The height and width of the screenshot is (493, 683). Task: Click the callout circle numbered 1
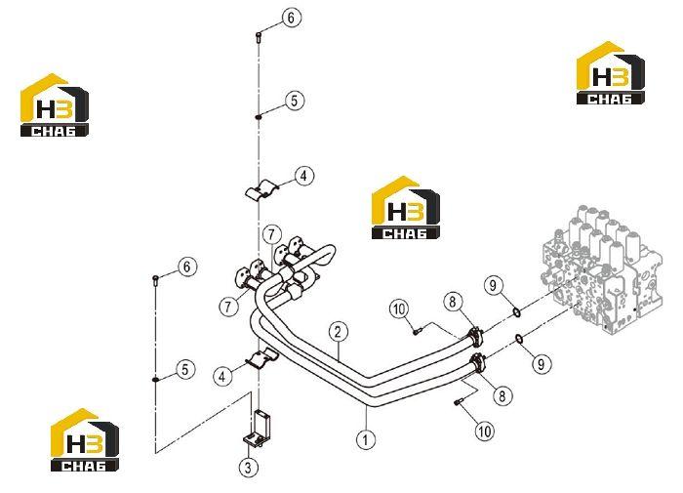pyautogui.click(x=366, y=439)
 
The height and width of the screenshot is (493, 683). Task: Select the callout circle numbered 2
pyautogui.click(x=338, y=332)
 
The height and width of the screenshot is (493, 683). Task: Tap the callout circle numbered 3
pyautogui.click(x=248, y=468)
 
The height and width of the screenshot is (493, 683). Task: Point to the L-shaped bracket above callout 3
pyautogui.click(x=257, y=429)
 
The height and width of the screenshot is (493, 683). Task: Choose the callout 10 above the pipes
pyautogui.click(x=399, y=309)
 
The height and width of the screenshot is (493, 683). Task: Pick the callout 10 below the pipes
pyautogui.click(x=484, y=431)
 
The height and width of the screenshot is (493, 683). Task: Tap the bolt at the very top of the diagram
pyautogui.click(x=259, y=38)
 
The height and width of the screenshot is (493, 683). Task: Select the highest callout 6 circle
pyautogui.click(x=291, y=18)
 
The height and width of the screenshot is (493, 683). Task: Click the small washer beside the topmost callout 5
pyautogui.click(x=259, y=117)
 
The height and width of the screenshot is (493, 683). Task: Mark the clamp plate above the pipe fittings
pyautogui.click(x=261, y=192)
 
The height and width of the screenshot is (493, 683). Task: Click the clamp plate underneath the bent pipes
pyautogui.click(x=262, y=357)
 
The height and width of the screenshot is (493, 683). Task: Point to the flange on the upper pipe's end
pyautogui.click(x=475, y=337)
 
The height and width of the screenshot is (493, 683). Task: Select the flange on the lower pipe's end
pyautogui.click(x=476, y=362)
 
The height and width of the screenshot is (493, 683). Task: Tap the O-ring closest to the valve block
pyautogui.click(x=516, y=312)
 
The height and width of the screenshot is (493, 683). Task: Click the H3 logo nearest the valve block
pyautogui.click(x=610, y=73)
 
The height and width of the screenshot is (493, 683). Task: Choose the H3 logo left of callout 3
pyautogui.click(x=85, y=440)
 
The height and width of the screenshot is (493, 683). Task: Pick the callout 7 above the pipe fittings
pyautogui.click(x=272, y=234)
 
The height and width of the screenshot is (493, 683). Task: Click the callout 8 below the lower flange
pyautogui.click(x=502, y=395)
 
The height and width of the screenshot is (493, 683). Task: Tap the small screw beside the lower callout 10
pyautogui.click(x=458, y=402)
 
